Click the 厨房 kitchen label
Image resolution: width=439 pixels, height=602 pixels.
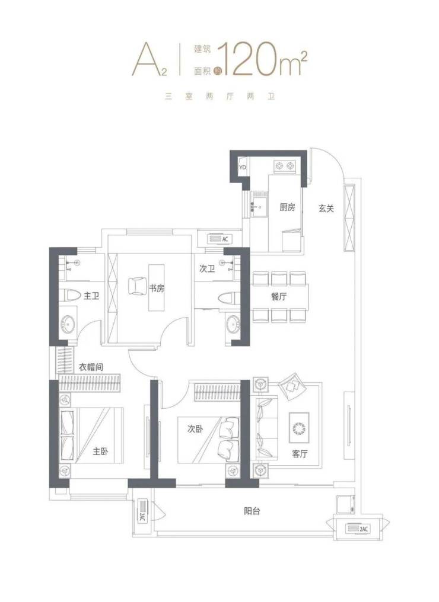[287, 207]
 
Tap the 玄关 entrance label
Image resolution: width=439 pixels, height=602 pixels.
[326, 209]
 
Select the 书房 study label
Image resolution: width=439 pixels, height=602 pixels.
[157, 289]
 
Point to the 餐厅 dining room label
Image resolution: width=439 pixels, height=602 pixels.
[279, 296]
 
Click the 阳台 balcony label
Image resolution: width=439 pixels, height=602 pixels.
[252, 511]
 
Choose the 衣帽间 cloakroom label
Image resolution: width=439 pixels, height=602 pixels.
[91, 367]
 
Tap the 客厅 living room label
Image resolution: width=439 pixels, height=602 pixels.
[300, 454]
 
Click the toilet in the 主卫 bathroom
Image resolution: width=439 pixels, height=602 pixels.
[69, 296]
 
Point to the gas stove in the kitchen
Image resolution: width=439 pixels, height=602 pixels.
[285, 166]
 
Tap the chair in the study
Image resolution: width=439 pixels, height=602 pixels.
[135, 286]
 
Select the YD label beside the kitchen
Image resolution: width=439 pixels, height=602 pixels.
[243, 168]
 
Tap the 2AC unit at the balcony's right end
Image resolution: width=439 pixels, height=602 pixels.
[358, 529]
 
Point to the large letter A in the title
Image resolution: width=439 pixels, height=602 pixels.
[147, 59]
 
